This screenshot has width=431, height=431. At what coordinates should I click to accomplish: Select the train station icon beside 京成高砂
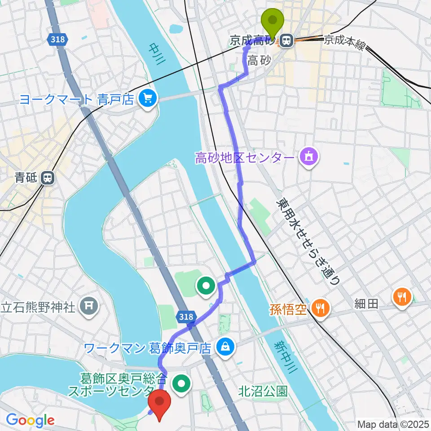tap(286, 41)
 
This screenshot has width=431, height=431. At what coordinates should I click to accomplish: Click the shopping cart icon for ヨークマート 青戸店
tap(147, 98)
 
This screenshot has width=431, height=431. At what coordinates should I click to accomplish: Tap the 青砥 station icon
tap(47, 178)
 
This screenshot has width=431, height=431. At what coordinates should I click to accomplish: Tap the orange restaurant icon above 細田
tap(400, 296)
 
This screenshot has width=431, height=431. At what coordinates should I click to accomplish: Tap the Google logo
tap(30, 421)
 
